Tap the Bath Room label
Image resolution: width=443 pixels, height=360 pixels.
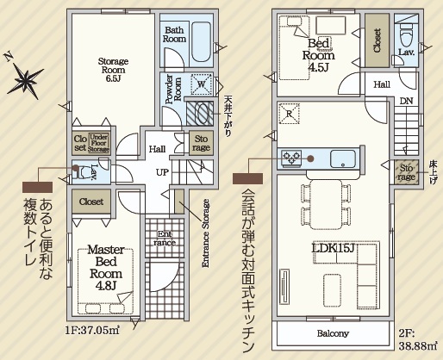click(174, 34)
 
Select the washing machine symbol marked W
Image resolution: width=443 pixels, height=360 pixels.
click(202, 84)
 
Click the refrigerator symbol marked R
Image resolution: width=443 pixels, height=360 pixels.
click(289, 114)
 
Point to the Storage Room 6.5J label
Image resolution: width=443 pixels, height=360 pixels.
click(113, 70)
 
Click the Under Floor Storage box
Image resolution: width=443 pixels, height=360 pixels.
click(99, 143)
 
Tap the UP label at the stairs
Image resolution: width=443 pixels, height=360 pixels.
click(162, 172)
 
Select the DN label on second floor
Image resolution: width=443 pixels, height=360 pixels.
click(406, 101)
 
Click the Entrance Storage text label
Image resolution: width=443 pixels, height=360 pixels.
click(206, 233)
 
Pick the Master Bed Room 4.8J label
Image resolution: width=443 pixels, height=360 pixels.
click(106, 267)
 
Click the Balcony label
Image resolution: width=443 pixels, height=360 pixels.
click(333, 333)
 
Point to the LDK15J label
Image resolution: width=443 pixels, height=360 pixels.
click(333, 249)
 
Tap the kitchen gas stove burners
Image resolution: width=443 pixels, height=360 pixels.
click(291, 158)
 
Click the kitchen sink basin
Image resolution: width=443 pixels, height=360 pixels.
click(343, 158)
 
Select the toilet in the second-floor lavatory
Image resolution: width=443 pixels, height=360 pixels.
click(406, 34)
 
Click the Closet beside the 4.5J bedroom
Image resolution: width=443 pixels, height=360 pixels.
click(377, 40)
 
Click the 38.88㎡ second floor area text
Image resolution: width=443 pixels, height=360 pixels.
click(418, 345)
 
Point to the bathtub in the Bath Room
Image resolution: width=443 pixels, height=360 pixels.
click(202, 41)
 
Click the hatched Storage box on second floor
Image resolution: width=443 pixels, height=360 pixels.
click(406, 172)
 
